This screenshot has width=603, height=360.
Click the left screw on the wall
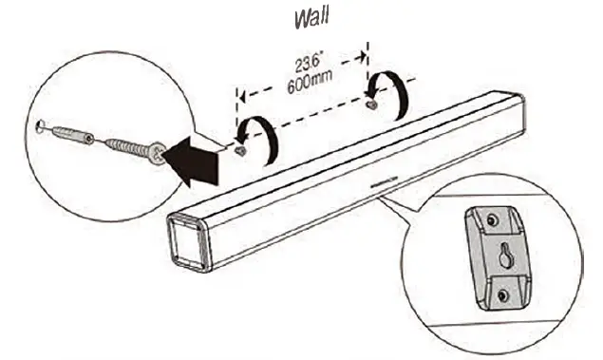coord(242,151)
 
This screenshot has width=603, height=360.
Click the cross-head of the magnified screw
coord(157,150)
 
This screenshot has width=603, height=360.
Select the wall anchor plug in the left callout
coord(72,136)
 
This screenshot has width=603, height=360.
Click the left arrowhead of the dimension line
coord(242,95)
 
